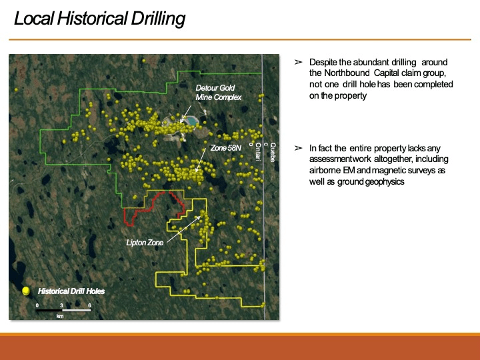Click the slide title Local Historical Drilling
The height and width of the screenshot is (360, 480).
(99, 19)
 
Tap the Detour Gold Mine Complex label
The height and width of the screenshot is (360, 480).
(218, 93)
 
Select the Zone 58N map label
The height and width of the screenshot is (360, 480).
(225, 148)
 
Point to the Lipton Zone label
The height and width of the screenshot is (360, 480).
(145, 243)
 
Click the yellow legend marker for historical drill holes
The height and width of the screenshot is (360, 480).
(26, 291)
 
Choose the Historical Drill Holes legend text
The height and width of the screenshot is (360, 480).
(71, 291)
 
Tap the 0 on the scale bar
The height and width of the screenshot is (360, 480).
(37, 305)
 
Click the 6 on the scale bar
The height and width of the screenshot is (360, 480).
(89, 305)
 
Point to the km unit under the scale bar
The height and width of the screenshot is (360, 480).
(60, 316)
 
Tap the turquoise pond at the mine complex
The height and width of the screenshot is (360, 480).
(191, 121)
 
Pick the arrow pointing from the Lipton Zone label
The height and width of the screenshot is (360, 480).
(184, 229)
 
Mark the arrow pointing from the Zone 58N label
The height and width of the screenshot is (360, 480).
(200, 161)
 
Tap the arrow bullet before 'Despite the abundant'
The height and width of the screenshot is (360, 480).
(298, 62)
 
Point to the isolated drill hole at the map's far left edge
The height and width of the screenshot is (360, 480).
(16, 90)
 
